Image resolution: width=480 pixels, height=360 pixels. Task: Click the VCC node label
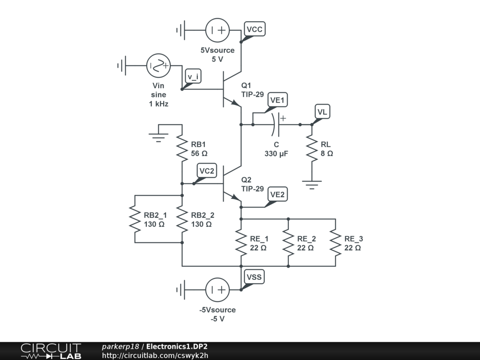(255, 29)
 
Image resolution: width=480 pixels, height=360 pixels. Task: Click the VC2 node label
(207, 171)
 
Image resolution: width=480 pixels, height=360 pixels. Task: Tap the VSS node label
(254, 277)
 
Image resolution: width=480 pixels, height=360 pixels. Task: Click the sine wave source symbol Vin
(158, 66)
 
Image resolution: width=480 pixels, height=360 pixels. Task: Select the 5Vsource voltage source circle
(217, 31)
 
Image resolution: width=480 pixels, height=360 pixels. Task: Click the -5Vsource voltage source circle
(217, 290)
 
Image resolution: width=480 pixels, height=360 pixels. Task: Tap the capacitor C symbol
(277, 125)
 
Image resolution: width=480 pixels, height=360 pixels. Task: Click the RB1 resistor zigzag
(182, 148)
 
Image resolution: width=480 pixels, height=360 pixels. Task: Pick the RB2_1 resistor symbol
(135, 219)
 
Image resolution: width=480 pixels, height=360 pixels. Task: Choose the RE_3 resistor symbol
(335, 242)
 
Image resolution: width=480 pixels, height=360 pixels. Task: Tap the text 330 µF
(276, 154)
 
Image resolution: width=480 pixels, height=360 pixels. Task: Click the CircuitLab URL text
(155, 355)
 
